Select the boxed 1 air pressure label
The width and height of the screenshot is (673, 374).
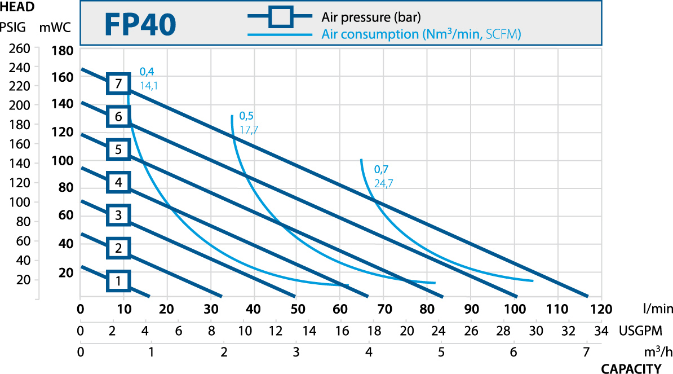pos(118,280)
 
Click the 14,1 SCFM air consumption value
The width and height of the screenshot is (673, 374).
pos(149,85)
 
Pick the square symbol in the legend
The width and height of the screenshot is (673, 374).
pos(280,16)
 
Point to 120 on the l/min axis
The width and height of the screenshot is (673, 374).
pos(601,309)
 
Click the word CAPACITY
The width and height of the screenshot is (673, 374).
pos(631,368)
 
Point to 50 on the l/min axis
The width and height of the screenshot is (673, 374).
pos(298,309)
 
